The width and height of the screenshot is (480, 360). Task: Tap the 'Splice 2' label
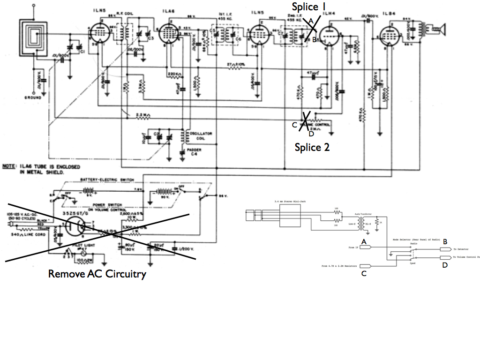(x=312, y=147)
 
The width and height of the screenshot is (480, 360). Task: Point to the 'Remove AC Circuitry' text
(x=97, y=274)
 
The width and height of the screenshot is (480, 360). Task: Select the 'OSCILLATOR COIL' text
(x=201, y=136)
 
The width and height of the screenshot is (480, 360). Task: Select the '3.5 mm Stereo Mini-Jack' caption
(x=289, y=202)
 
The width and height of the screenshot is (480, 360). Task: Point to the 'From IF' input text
(x=355, y=247)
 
